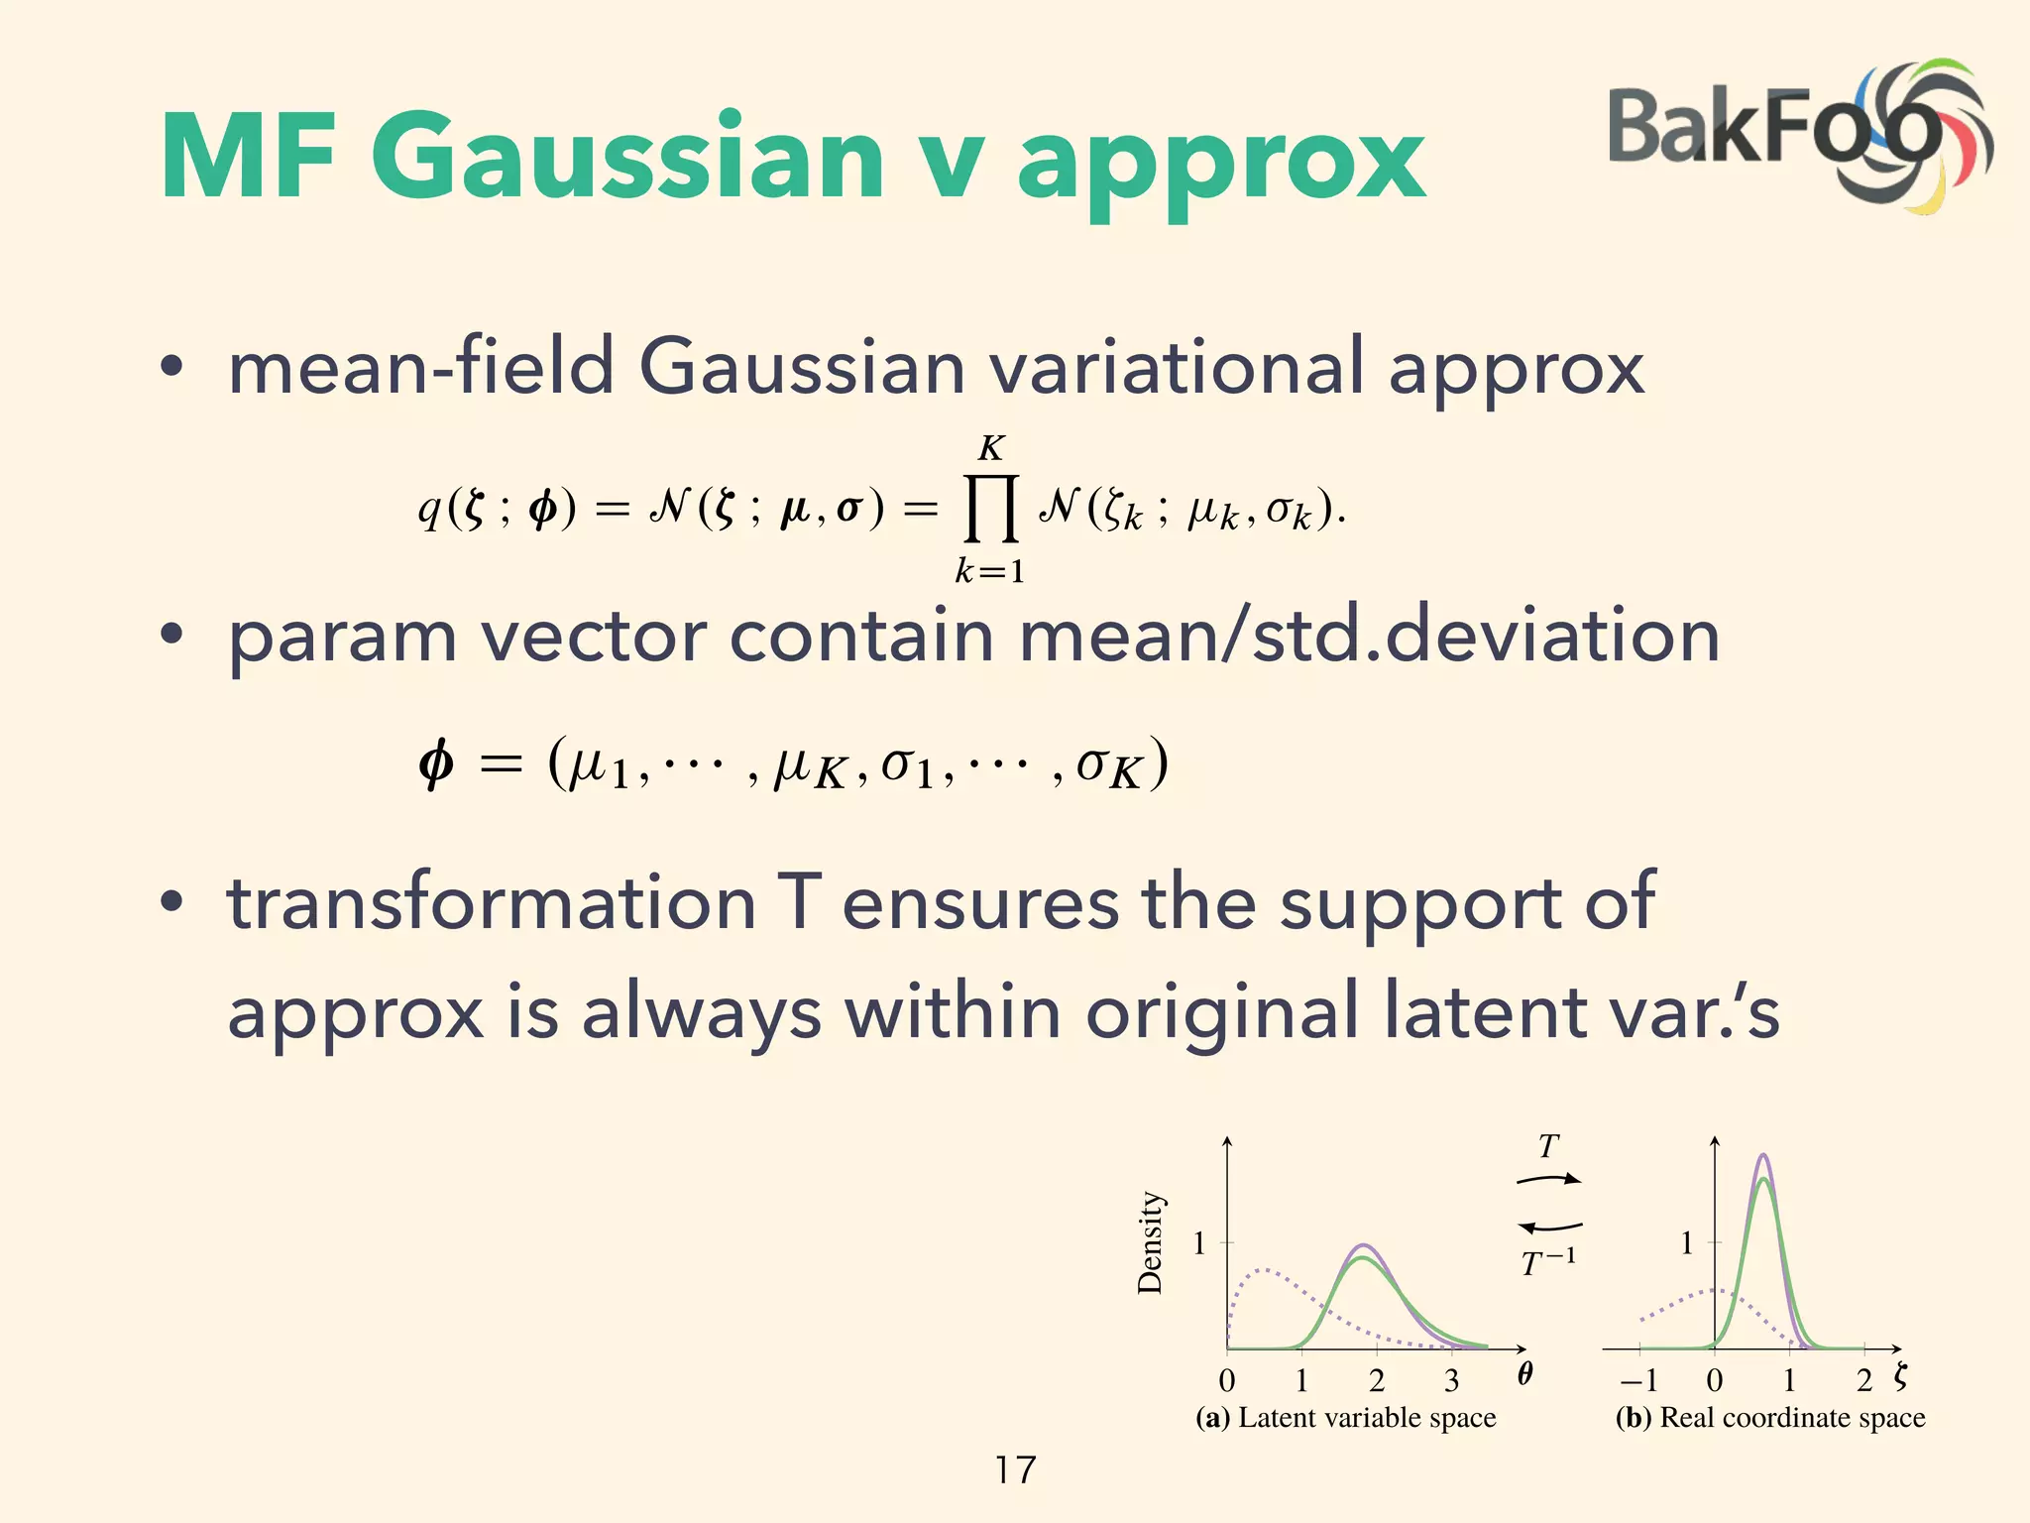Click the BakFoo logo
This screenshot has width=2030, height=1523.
[x=1799, y=134]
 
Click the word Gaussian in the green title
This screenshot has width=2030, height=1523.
[x=626, y=159]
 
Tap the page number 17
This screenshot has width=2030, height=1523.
[x=1015, y=1469]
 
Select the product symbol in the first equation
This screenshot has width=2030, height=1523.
[x=991, y=508]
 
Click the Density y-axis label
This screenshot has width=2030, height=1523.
[x=1150, y=1243]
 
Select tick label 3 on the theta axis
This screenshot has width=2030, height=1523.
[x=1451, y=1380]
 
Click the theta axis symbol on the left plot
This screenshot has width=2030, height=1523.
[x=1524, y=1373]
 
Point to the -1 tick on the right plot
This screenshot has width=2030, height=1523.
[x=1638, y=1380]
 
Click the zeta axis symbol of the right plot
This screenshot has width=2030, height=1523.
[x=1899, y=1375]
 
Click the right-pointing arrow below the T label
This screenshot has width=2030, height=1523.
[x=1549, y=1179]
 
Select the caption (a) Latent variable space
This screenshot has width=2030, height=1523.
[x=1345, y=1418]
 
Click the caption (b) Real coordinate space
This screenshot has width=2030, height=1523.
[x=1770, y=1418]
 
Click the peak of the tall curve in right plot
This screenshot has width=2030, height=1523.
[x=1762, y=1156]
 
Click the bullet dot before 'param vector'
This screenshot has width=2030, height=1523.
[x=171, y=636]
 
